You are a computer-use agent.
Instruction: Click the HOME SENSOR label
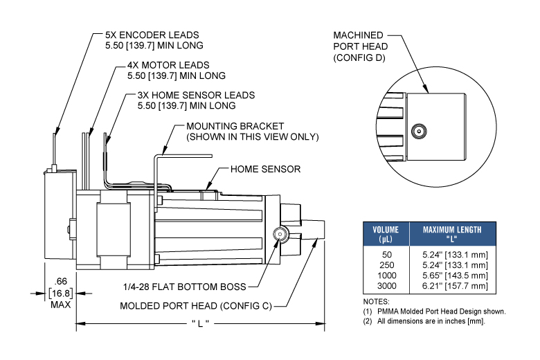coord(265,169)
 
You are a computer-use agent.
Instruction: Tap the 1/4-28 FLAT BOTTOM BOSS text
coord(185,287)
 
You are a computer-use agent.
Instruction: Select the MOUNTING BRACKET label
coord(235,126)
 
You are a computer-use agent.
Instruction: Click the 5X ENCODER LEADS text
coord(152,35)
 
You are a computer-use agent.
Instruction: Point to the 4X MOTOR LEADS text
coord(168,65)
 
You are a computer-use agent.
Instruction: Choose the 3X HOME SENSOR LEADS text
coord(196,95)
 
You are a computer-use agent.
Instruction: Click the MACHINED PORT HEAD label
coord(360,41)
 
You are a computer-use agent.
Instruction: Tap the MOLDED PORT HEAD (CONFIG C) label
coord(196,306)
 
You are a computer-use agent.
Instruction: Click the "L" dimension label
coord(200,323)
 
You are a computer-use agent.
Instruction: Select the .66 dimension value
coord(61,282)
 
